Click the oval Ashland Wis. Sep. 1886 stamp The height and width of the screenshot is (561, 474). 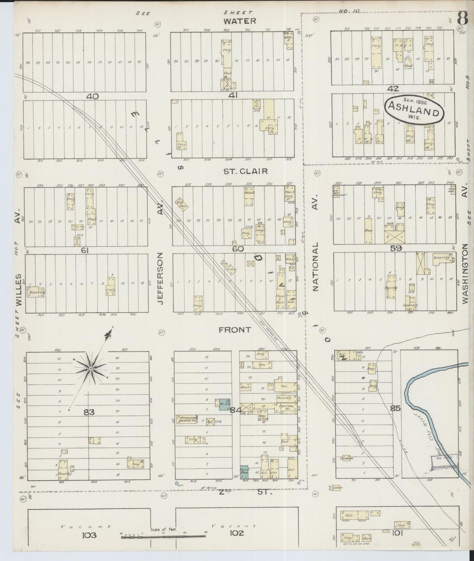(x=414, y=110)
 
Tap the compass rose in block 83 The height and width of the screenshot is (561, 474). (x=91, y=369)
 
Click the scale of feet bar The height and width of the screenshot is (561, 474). (x=163, y=536)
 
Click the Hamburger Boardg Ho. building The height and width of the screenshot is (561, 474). (x=187, y=419)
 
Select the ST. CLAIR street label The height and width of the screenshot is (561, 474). (x=246, y=171)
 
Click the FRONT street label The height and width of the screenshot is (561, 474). (x=235, y=330)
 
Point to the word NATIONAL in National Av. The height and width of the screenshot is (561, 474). (x=316, y=267)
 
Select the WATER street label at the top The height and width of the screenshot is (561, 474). (x=239, y=21)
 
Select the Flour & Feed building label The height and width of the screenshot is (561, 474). (x=280, y=299)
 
